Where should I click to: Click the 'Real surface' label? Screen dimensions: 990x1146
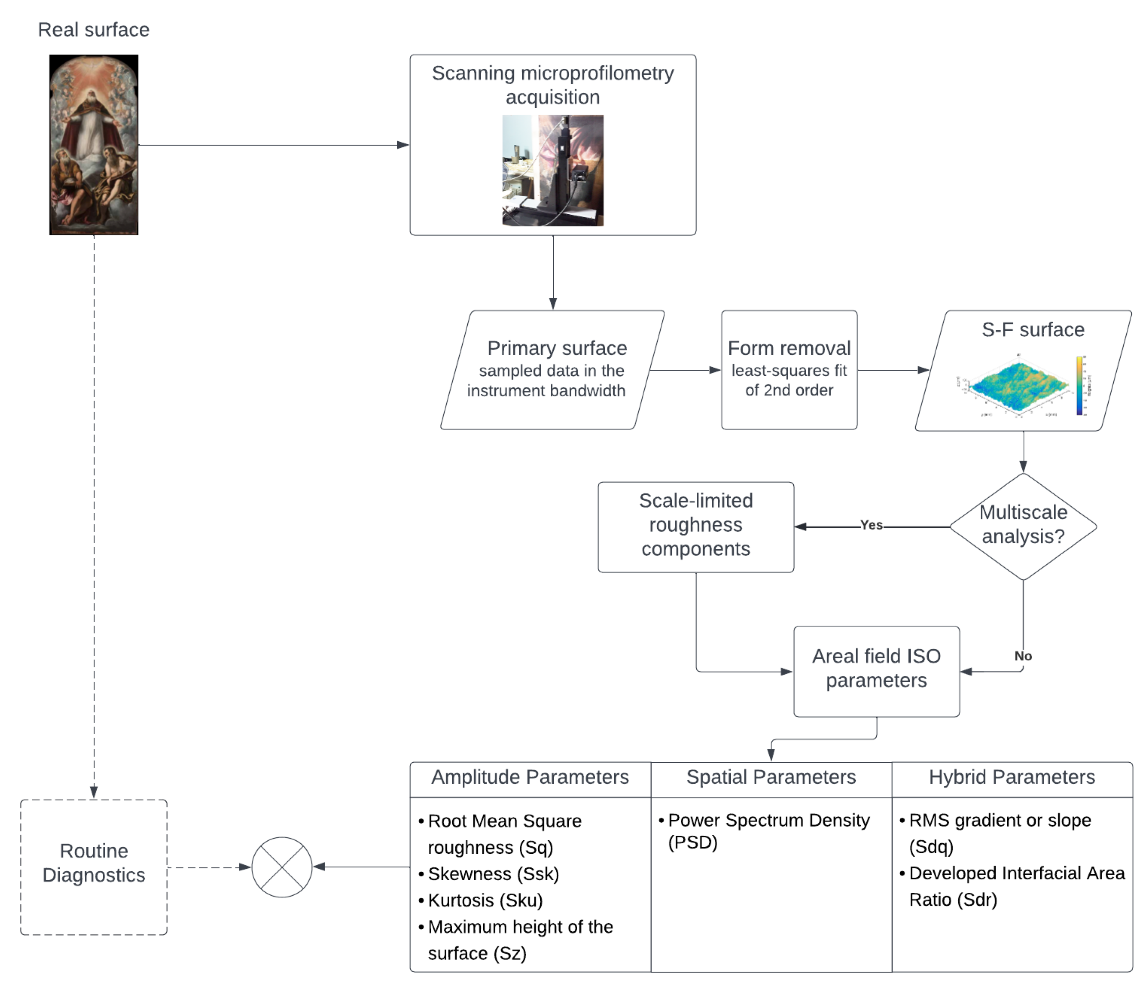point(94,30)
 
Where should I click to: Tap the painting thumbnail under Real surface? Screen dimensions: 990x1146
point(94,145)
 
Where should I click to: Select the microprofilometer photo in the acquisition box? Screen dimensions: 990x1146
point(552,170)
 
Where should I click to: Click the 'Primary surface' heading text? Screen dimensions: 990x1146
point(557,348)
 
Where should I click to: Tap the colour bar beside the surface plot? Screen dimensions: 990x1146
point(1078,386)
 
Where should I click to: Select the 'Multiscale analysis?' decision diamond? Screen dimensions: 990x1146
point(1023,525)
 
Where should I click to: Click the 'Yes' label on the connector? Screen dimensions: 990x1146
point(871,525)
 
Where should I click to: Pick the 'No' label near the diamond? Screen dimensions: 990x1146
point(1023,656)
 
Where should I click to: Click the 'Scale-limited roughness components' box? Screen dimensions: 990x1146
point(696,525)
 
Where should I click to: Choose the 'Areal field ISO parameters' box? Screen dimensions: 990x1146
point(876,669)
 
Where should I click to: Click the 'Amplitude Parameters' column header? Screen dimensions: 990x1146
point(530,777)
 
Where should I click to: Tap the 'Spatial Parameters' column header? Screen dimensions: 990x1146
point(771,777)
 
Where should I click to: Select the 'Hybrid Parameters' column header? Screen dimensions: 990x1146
point(1012,777)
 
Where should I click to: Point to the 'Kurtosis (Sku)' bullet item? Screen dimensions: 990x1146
point(485,900)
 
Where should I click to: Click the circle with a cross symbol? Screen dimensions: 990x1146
point(281,867)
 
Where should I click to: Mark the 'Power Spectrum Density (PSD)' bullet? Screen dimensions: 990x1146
point(768,831)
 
